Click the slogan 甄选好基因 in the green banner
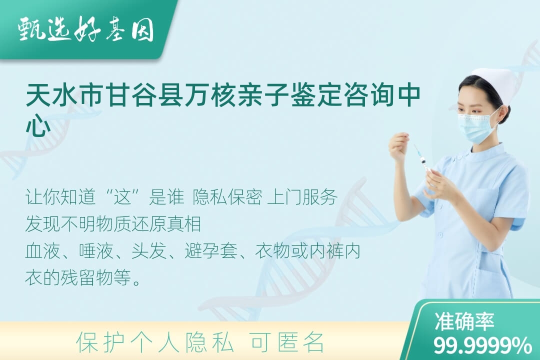(x=86, y=29)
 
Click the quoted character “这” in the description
(x=123, y=197)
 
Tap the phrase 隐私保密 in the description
(x=227, y=197)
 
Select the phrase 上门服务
(x=302, y=197)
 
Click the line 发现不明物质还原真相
(x=113, y=224)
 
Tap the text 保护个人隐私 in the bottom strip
(x=155, y=342)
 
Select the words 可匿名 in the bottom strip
(x=287, y=342)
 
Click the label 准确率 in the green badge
(x=464, y=321)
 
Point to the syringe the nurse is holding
(x=422, y=160)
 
